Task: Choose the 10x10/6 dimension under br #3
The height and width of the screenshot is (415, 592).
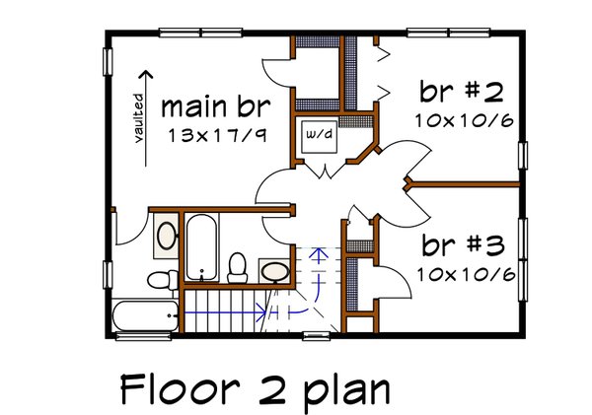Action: coord(466,273)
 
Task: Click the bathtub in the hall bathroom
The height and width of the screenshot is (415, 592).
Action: coord(201,246)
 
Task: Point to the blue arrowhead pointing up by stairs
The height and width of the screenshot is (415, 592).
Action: coord(318,252)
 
